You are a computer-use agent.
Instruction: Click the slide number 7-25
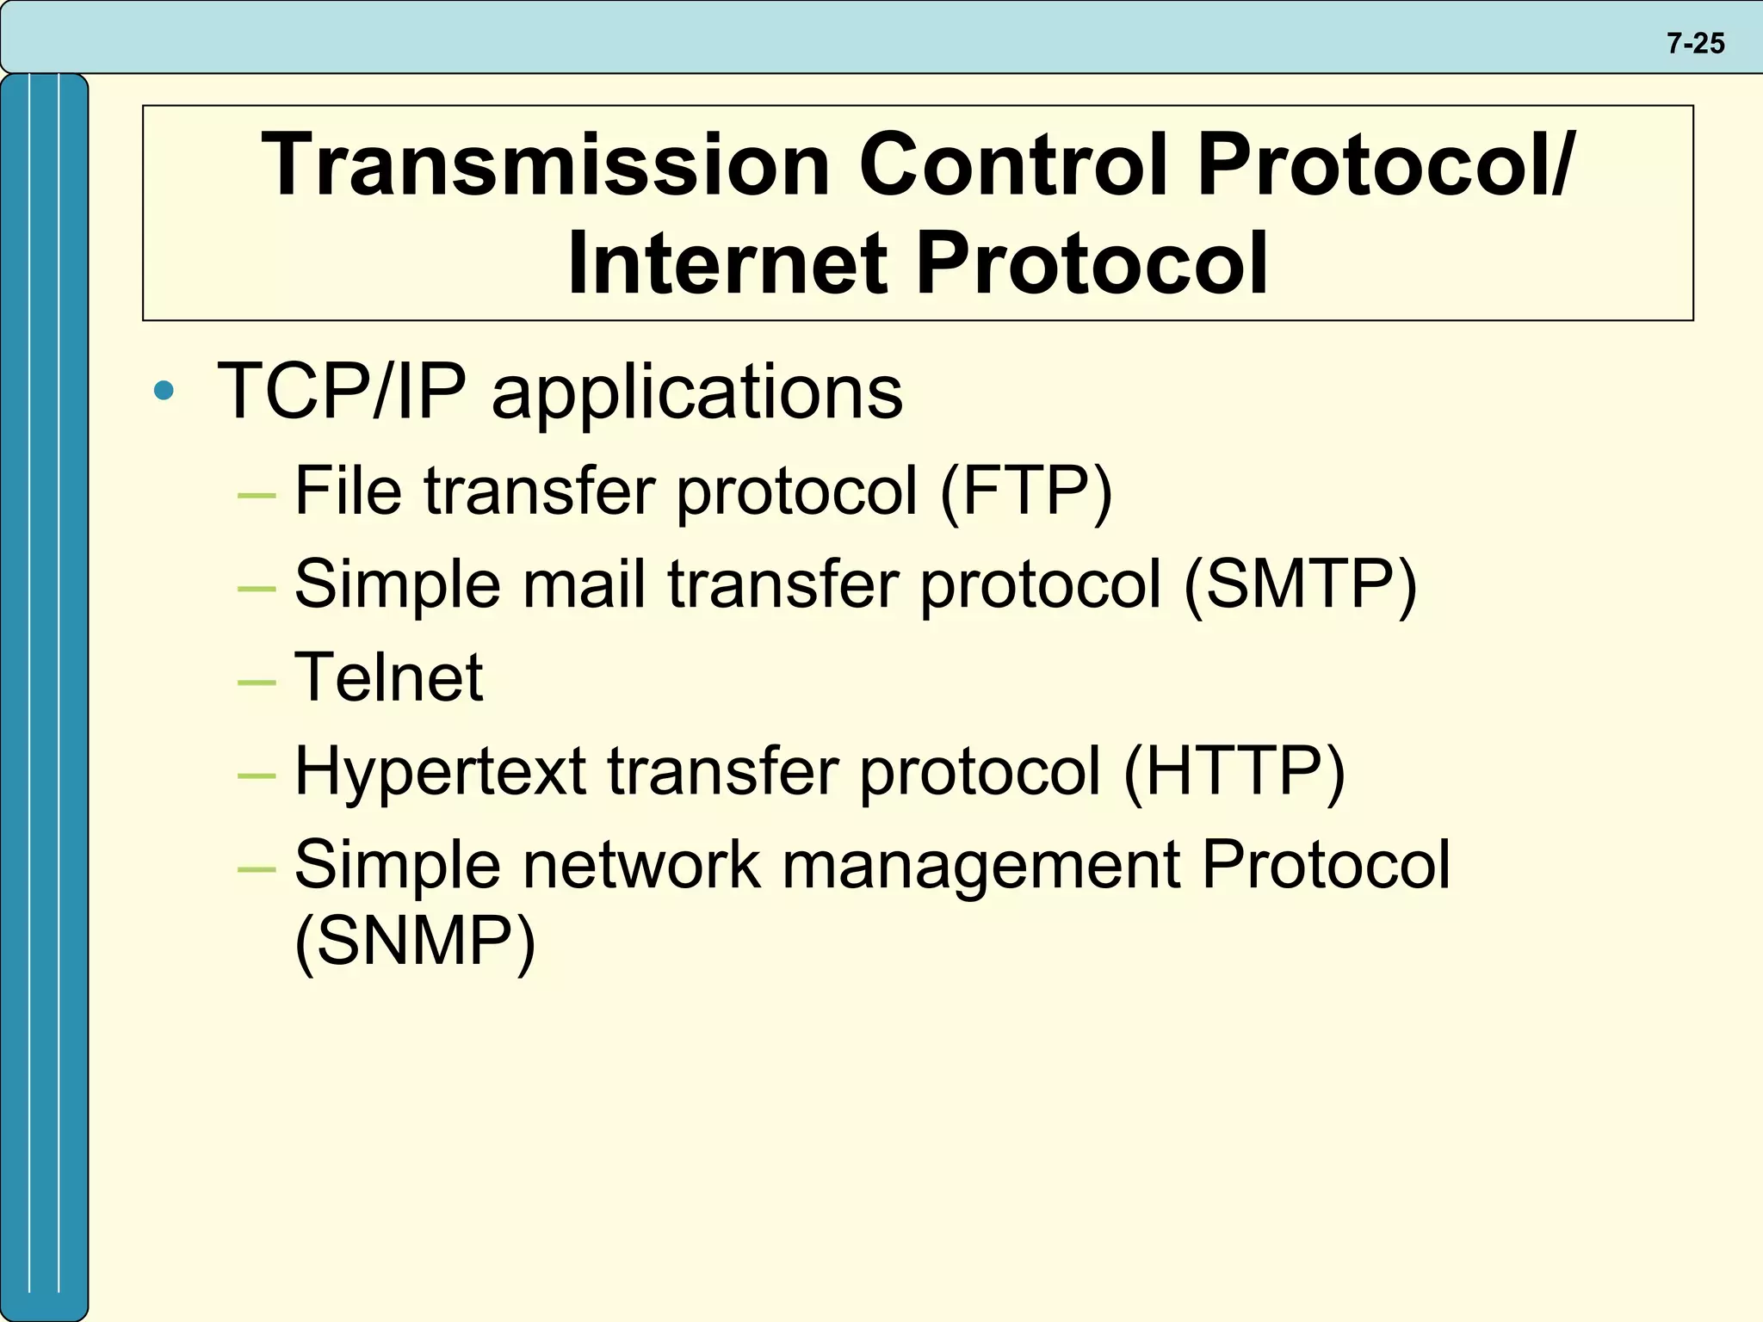tap(1695, 43)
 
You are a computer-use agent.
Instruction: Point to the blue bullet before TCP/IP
tap(164, 392)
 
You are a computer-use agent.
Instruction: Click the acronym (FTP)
tap(1026, 491)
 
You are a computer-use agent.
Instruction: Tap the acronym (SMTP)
tap(1300, 584)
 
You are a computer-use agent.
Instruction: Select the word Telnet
tap(388, 677)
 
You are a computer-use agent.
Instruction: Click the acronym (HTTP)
tap(1234, 770)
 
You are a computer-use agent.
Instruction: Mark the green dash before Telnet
tap(257, 683)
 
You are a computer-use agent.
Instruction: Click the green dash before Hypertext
tap(257, 775)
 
